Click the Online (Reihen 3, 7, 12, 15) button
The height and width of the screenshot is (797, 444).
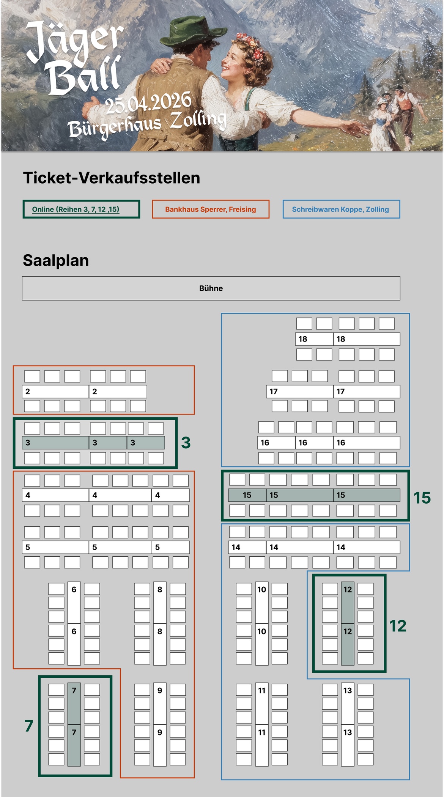[81, 209]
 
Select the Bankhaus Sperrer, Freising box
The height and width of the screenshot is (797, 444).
[211, 209]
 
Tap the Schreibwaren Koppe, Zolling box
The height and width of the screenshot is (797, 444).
[341, 209]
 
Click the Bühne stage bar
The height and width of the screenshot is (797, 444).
[211, 288]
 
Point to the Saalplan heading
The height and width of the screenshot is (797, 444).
[56, 261]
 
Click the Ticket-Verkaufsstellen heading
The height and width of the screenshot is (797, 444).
[112, 178]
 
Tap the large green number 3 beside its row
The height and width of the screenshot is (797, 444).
[186, 443]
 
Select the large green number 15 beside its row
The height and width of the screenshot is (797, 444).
[422, 498]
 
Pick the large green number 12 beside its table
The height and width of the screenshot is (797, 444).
[398, 626]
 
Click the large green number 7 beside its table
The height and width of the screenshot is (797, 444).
[29, 726]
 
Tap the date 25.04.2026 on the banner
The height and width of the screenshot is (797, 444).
[148, 102]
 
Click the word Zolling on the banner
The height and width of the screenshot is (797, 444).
[198, 120]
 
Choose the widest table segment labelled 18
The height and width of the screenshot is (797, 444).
[367, 339]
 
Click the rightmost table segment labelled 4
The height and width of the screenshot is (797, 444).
[170, 495]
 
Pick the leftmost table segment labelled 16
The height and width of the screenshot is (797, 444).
[277, 443]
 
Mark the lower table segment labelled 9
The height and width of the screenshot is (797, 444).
[160, 745]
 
